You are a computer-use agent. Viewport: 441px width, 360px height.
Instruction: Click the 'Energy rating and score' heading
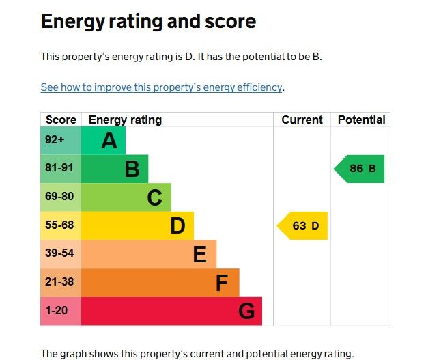coord(148,22)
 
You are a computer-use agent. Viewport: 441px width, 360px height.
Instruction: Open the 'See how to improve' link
coord(161,87)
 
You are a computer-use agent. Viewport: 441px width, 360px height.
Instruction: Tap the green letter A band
coord(104,141)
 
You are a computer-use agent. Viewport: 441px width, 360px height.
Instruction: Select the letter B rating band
coord(115,169)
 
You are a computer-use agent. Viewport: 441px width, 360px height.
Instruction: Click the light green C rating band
coord(126,197)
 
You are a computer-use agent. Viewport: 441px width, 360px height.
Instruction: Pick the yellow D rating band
coord(137,225)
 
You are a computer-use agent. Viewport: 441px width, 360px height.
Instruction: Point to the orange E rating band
coord(149,254)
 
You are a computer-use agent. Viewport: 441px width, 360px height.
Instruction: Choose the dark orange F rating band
coord(160,282)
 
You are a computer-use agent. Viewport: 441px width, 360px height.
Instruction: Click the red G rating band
coord(171,311)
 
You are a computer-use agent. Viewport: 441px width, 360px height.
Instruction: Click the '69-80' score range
coord(61,197)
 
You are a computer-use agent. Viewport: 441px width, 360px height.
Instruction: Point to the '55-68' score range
coord(61,225)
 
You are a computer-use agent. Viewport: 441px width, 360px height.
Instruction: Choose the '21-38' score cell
coord(61,282)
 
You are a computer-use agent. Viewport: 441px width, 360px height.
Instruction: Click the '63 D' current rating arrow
coord(303,226)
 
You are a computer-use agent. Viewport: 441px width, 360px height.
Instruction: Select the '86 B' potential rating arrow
coord(360,169)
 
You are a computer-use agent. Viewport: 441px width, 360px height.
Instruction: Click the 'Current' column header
coord(302,120)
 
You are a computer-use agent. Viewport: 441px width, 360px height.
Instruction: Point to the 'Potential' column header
coord(361,120)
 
